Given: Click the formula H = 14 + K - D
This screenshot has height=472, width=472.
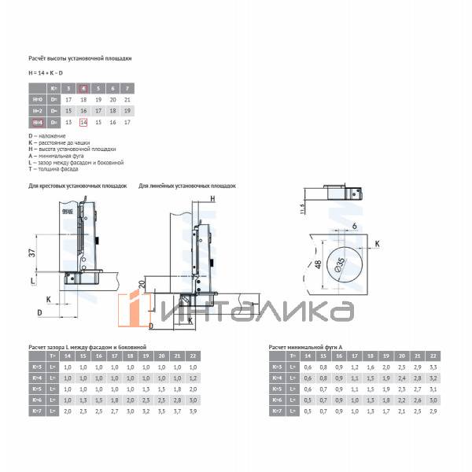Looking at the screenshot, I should coord(46,72).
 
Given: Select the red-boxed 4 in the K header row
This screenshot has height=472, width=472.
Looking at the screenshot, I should coord(84,88).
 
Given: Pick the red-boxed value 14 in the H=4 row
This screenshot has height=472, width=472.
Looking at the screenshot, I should coord(84,123).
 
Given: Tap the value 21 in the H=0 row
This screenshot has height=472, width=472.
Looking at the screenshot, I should coord(127,100).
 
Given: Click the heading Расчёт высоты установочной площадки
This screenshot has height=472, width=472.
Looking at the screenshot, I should coord(79,59).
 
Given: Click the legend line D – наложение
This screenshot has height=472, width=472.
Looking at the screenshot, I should coord(46,136).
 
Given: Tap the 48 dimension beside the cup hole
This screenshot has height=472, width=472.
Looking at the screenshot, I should coord(319,265).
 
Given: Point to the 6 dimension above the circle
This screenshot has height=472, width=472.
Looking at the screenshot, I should coord(355,226).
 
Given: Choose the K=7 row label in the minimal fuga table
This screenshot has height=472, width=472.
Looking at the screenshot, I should coord(277,411).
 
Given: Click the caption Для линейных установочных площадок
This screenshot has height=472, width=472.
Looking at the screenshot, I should coord(186,186).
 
